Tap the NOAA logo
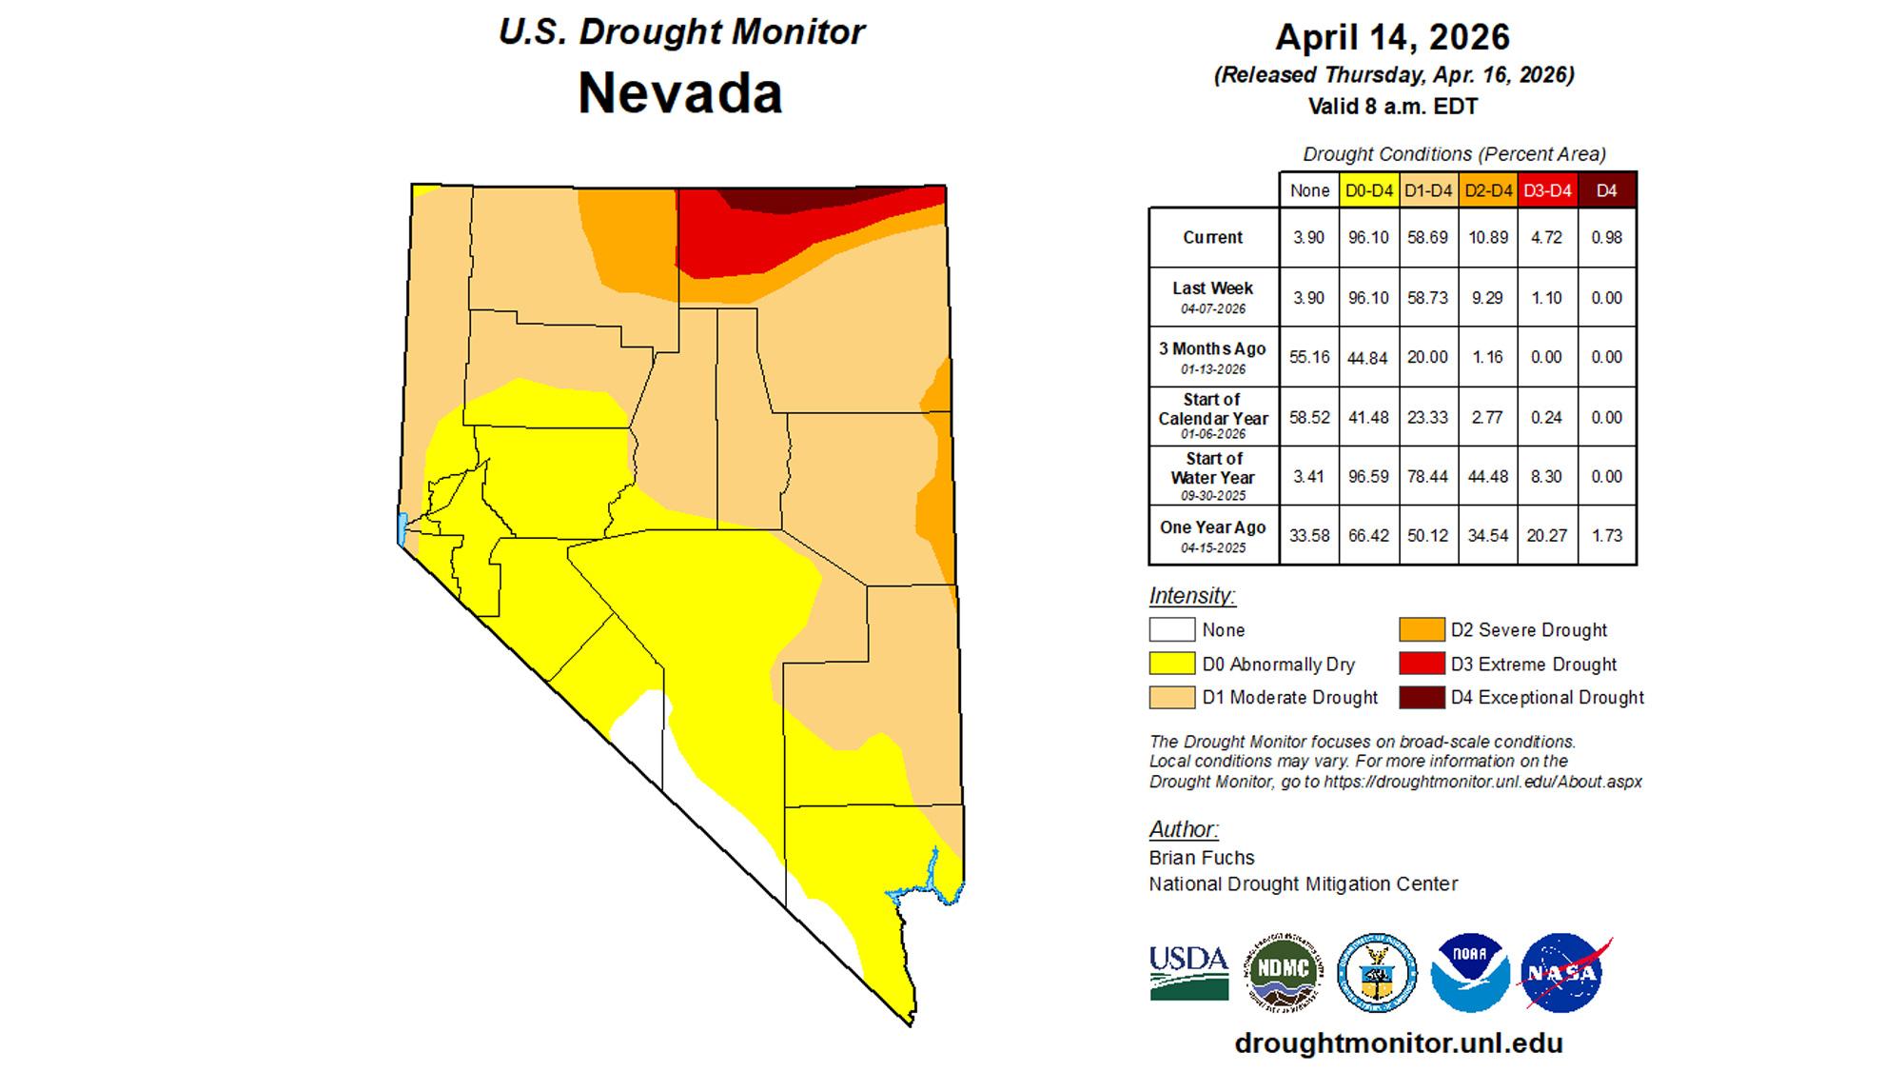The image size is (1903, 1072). coord(1470,972)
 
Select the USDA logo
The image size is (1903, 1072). coord(1188,972)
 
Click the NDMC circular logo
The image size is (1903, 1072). coord(1285,972)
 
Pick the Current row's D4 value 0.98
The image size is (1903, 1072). coord(1606,237)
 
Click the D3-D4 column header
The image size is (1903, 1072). coord(1547,190)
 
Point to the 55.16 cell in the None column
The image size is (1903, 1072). coord(1309,357)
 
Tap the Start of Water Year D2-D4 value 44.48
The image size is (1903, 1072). coord(1487,476)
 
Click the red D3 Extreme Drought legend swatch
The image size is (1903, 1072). coord(1422,664)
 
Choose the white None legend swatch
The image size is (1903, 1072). coord(1171,629)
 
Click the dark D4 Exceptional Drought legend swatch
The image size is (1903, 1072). coord(1422,698)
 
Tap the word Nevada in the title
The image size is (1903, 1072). coord(679,93)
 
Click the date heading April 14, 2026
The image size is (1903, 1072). coord(1392,37)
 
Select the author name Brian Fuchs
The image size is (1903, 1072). coord(1201,857)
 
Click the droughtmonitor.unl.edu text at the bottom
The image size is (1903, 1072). coord(1398,1042)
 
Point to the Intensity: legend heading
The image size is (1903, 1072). coord(1191,596)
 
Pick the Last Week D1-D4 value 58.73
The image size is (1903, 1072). coord(1427,297)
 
